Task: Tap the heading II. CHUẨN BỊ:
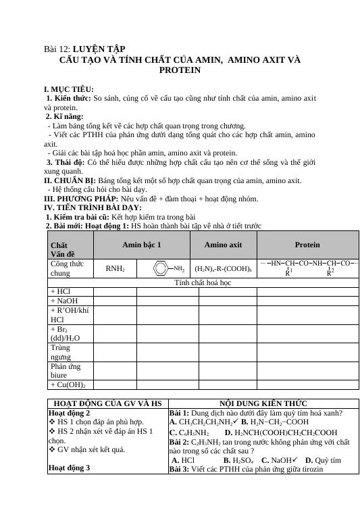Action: [x=70, y=181]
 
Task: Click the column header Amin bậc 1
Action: [x=141, y=244]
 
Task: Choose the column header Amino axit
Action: [x=223, y=244]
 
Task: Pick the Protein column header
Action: [x=307, y=244]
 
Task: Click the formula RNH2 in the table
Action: [x=115, y=268]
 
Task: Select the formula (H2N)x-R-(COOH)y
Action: [x=223, y=268]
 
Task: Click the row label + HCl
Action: [x=60, y=292]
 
